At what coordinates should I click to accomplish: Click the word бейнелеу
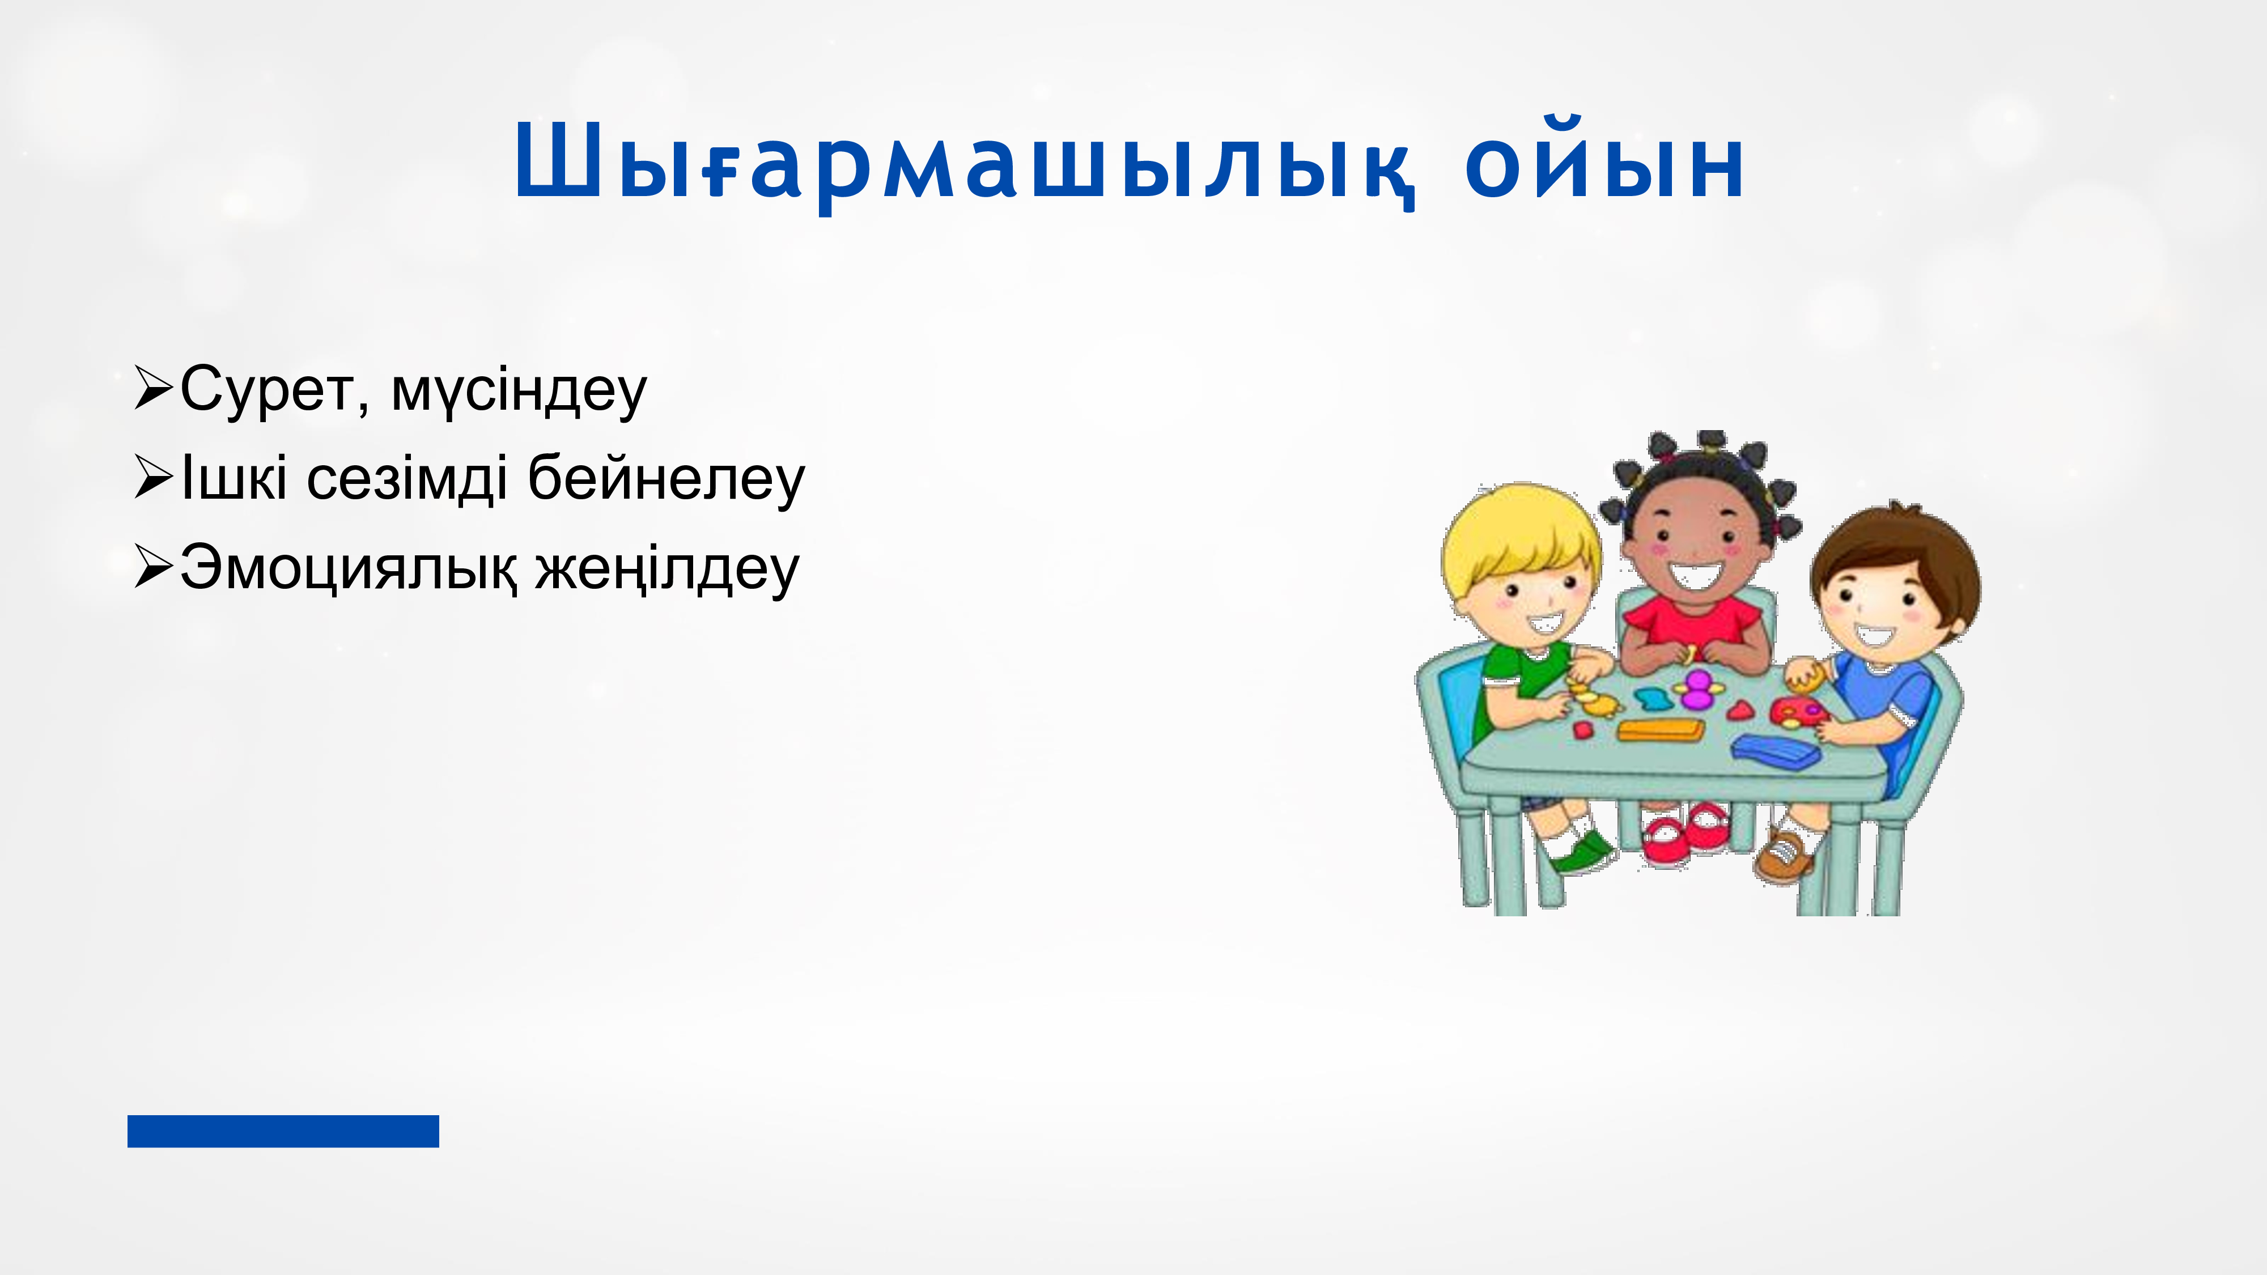click(x=666, y=479)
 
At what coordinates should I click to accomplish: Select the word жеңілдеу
click(x=667, y=570)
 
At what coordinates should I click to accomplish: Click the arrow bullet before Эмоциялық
click(x=153, y=568)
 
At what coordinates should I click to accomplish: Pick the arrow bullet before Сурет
click(x=153, y=389)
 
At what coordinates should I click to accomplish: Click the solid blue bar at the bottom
click(x=283, y=1130)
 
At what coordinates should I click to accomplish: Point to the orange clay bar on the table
click(x=1660, y=729)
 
